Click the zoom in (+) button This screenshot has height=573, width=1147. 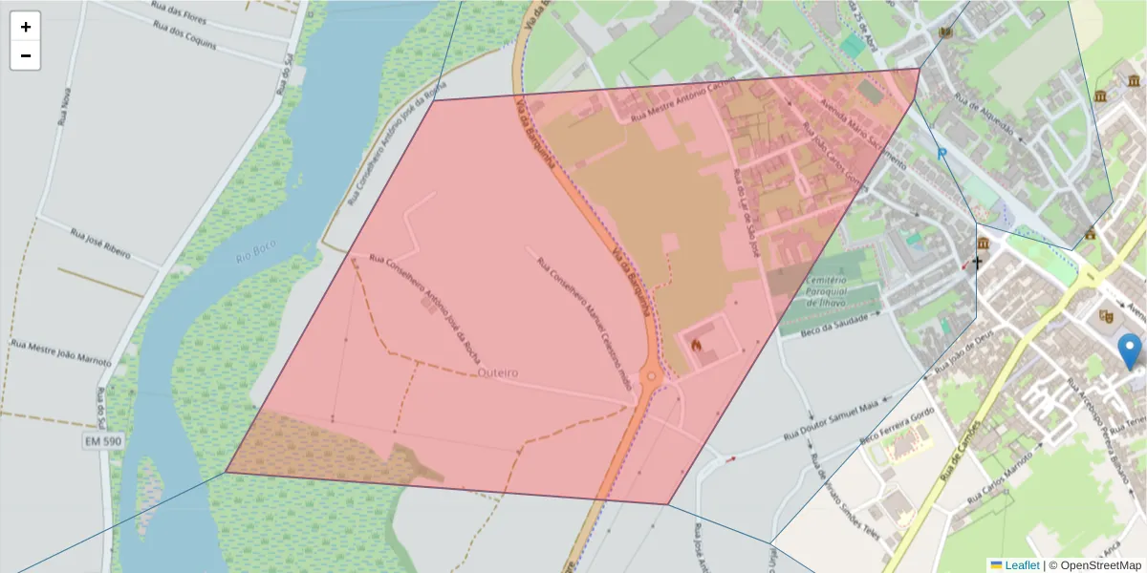(x=25, y=27)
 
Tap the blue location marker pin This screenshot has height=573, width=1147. (x=1130, y=351)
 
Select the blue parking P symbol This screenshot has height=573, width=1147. (x=941, y=153)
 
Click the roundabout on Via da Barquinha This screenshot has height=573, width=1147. (x=652, y=376)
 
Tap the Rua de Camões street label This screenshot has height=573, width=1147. (x=959, y=449)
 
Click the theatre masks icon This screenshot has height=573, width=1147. (x=1108, y=315)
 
